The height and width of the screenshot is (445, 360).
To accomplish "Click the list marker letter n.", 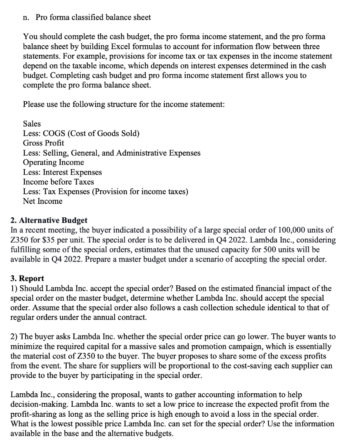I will pos(25,17).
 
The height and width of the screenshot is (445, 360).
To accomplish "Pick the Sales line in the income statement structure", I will pos(32,124).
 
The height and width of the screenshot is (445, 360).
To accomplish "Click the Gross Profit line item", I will pos(43,143).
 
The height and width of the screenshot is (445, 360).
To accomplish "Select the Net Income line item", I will pos(43,201).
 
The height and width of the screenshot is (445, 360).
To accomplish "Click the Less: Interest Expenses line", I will pos(62,172).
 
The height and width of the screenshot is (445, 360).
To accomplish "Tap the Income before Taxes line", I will pos(58,182).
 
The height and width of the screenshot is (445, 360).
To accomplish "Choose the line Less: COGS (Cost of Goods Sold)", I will pos(81,133).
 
